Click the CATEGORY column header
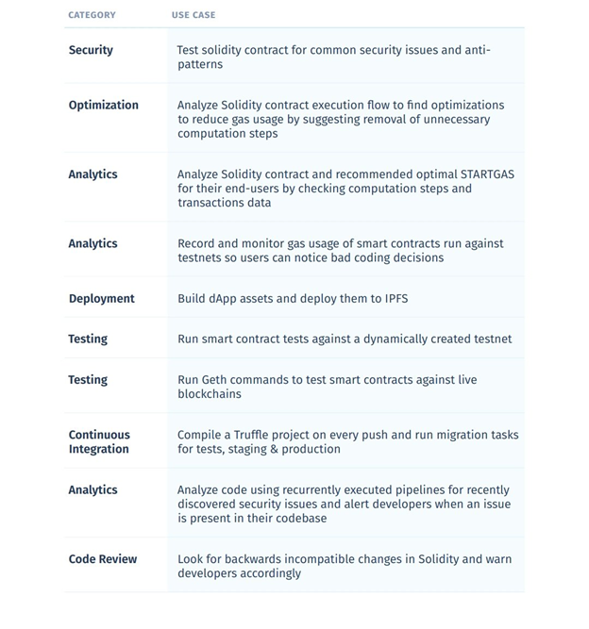[92, 15]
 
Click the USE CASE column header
[194, 15]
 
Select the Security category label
[91, 50]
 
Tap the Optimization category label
[103, 105]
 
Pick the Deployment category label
[101, 298]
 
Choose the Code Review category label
[102, 558]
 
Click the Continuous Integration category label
[99, 441]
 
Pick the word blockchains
[210, 393]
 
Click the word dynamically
[394, 339]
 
